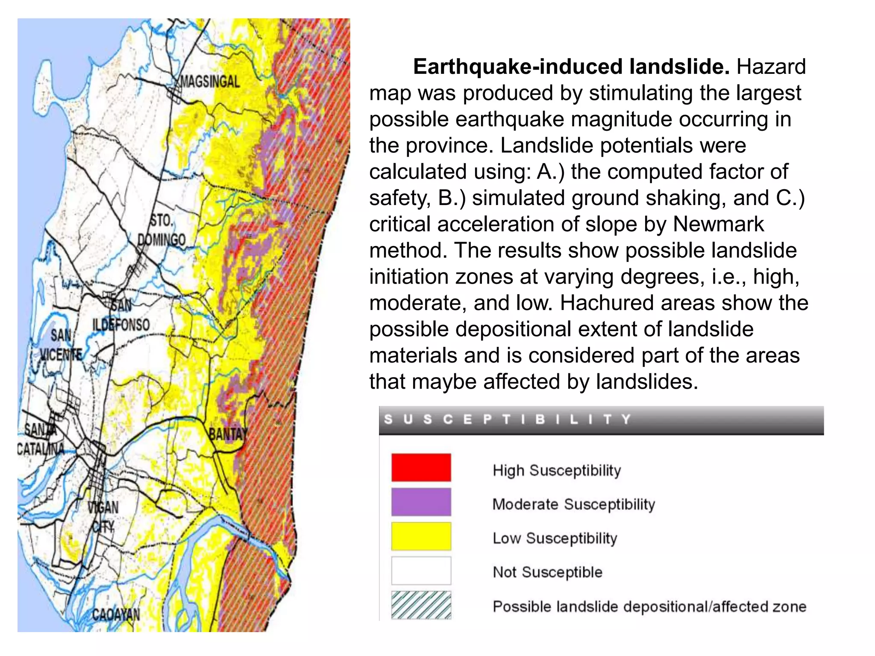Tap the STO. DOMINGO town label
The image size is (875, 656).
[161, 231]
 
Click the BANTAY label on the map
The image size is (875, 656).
[228, 434]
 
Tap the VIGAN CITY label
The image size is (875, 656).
[103, 516]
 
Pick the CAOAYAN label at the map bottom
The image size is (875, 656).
[116, 615]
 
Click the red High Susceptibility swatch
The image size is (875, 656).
[421, 468]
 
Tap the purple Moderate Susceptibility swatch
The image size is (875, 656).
[421, 502]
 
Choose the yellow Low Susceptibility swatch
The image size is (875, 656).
[421, 536]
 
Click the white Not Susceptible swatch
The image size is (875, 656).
[421, 570]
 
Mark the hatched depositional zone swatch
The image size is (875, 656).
[421, 605]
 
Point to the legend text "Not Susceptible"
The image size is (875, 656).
[547, 572]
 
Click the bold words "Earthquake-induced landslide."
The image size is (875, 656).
[571, 67]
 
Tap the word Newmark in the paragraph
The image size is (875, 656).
[718, 224]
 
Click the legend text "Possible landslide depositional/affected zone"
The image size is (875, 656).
[649, 606]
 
